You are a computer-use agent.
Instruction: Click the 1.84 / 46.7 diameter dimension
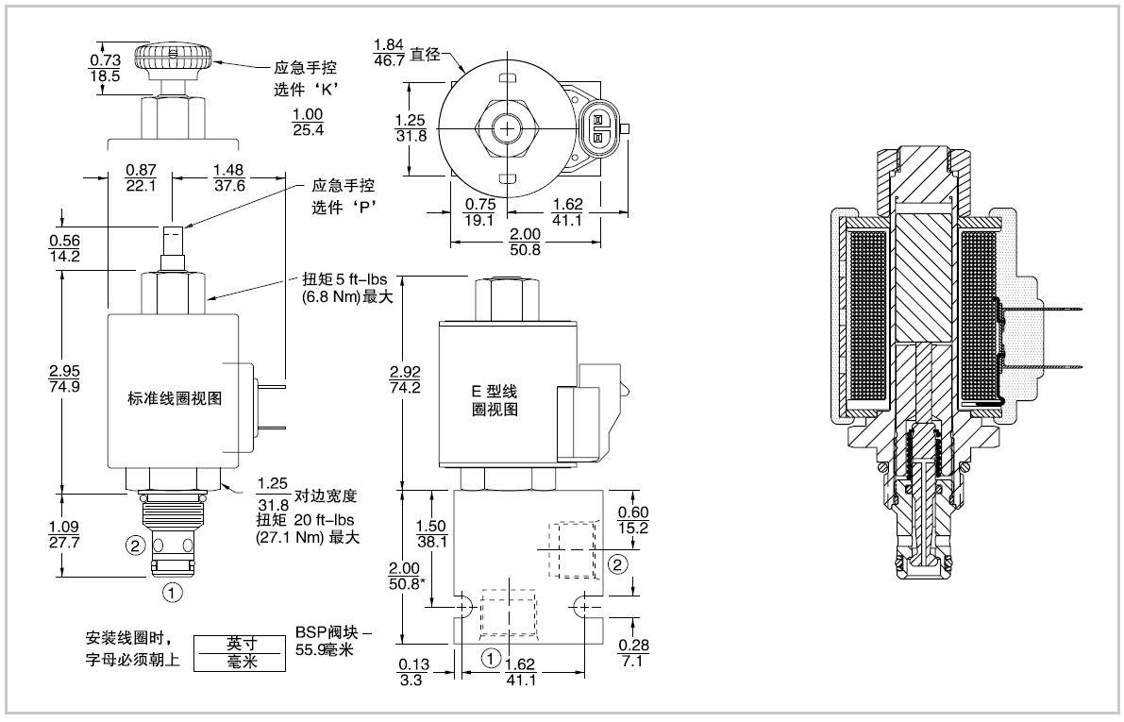(389, 52)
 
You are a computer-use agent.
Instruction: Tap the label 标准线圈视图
(175, 398)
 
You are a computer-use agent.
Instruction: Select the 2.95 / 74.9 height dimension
(64, 378)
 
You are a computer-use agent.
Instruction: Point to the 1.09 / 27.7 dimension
(64, 534)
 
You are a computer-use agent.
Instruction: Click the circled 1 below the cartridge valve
(172, 593)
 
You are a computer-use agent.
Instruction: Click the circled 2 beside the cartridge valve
(136, 546)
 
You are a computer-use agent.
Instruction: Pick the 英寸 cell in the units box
(240, 643)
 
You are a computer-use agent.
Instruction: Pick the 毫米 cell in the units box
(240, 662)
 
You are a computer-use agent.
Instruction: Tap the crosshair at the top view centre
(508, 129)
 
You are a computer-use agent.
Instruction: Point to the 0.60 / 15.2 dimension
(633, 520)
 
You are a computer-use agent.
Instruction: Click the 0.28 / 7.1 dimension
(633, 652)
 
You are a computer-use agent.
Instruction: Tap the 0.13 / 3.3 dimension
(413, 673)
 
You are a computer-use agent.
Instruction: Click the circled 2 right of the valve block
(618, 564)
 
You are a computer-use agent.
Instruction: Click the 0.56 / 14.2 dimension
(64, 248)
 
